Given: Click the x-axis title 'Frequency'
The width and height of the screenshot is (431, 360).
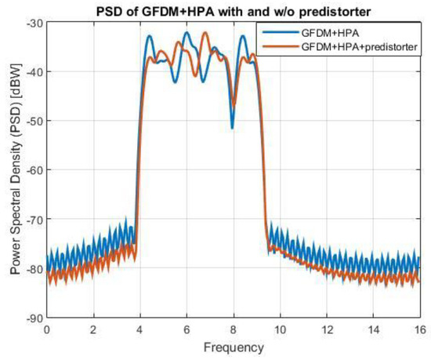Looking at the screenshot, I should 233,346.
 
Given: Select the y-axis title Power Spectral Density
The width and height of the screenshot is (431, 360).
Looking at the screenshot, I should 13,170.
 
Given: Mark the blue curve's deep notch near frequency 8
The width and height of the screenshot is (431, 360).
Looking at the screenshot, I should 232,127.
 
